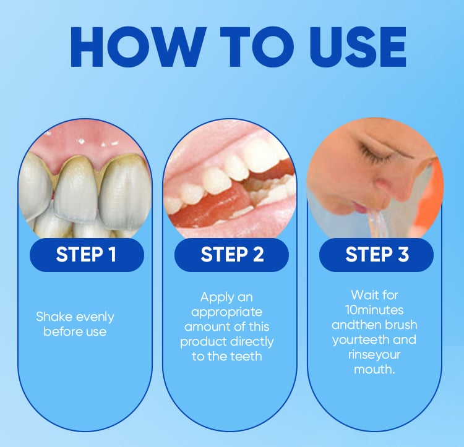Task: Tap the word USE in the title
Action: click(x=358, y=47)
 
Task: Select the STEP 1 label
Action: click(x=86, y=255)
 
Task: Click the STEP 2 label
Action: click(x=232, y=255)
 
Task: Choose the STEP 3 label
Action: click(x=377, y=255)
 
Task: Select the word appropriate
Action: click(x=226, y=312)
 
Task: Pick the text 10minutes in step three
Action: click(x=374, y=310)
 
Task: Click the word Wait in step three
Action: click(x=363, y=295)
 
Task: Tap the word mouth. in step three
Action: click(x=374, y=370)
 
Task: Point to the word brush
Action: click(x=401, y=325)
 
